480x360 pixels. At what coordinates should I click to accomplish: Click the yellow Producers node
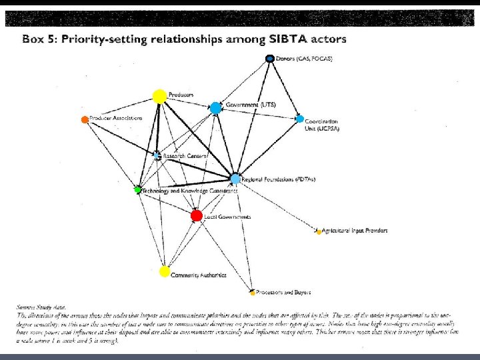pos(159,97)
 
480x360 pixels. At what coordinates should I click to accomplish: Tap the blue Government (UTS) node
pos(215,107)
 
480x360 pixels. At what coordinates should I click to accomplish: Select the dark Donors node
pos(270,59)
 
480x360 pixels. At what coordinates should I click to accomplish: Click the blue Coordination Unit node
pos(299,119)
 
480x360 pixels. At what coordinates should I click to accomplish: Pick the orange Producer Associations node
pos(85,120)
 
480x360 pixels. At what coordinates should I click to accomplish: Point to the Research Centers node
pos(157,155)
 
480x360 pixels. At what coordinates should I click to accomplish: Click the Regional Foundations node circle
pos(235,179)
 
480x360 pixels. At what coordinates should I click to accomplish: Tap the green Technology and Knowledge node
pos(137,190)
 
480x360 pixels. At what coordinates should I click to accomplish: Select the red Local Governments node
pos(196,215)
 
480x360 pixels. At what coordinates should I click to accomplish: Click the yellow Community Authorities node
pos(165,271)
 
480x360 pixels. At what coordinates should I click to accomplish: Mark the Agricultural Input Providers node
pos(319,232)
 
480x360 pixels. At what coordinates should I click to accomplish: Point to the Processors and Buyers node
pos(253,292)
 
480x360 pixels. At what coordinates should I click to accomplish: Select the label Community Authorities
pos(199,275)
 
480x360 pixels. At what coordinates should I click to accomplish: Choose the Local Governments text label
pos(227,217)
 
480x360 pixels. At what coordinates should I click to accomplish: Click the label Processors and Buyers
pos(284,292)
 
